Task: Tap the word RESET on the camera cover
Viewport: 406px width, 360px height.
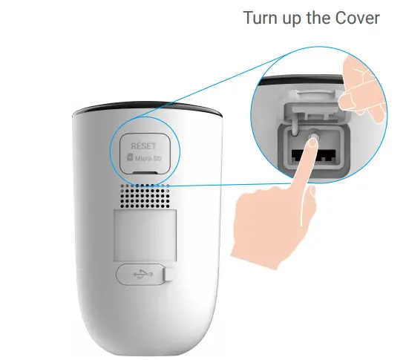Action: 141,146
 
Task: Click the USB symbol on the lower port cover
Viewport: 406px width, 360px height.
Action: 139,275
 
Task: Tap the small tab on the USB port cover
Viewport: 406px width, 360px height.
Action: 168,275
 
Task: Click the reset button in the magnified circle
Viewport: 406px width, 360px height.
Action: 311,138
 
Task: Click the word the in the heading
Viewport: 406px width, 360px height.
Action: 327,18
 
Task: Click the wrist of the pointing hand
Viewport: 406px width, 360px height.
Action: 260,252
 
